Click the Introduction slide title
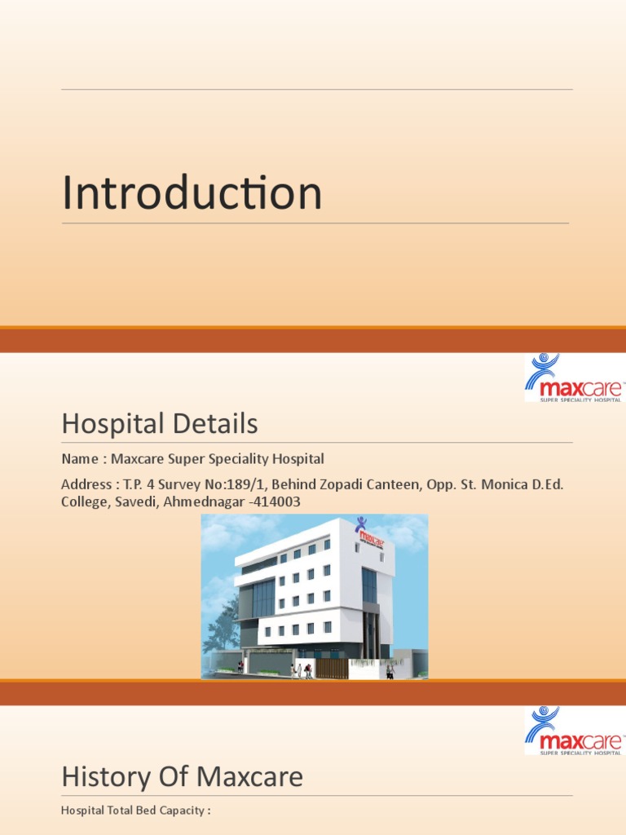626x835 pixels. pyautogui.click(x=192, y=192)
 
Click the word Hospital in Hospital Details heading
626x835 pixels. pyautogui.click(x=112, y=424)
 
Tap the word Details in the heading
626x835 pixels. pyautogui.click(x=215, y=423)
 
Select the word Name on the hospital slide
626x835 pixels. pyautogui.click(x=80, y=459)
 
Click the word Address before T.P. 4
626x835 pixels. pyautogui.click(x=86, y=484)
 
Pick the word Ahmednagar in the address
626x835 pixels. pyautogui.click(x=204, y=502)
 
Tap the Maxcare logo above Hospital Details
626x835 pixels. pyautogui.click(x=574, y=378)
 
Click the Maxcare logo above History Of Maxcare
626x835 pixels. pyautogui.click(x=574, y=731)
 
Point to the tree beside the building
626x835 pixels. pyautogui.click(x=223, y=625)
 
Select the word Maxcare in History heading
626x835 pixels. pyautogui.click(x=250, y=777)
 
